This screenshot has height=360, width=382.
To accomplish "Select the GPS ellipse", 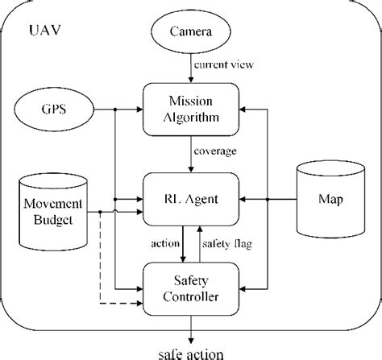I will [x=55, y=108].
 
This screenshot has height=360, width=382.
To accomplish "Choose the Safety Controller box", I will [x=190, y=286].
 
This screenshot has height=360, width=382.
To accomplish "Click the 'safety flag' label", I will [x=226, y=241].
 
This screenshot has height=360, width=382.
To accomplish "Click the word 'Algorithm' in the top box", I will [x=190, y=118].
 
